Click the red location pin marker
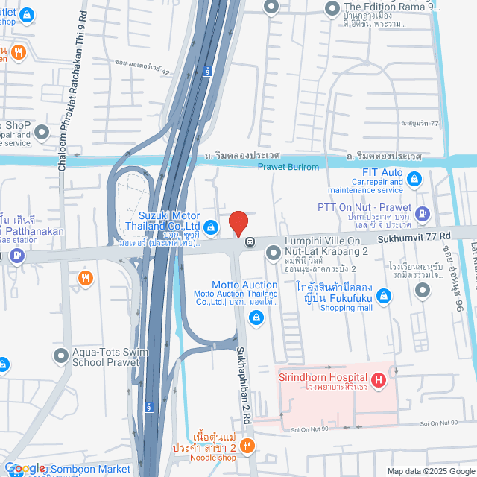(238, 223)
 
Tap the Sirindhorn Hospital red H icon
(379, 381)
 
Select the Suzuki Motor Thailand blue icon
(211, 227)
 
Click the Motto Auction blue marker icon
(256, 318)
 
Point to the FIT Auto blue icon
(415, 179)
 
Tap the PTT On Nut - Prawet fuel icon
(423, 214)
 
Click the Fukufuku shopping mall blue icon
(384, 297)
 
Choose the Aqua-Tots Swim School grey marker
(60, 357)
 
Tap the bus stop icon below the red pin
(250, 241)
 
